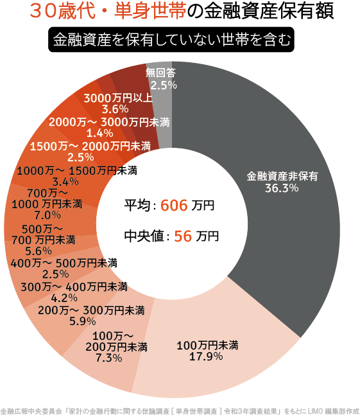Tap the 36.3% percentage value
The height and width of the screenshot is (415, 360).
(282, 189)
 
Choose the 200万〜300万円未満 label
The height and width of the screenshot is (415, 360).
(90, 310)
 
